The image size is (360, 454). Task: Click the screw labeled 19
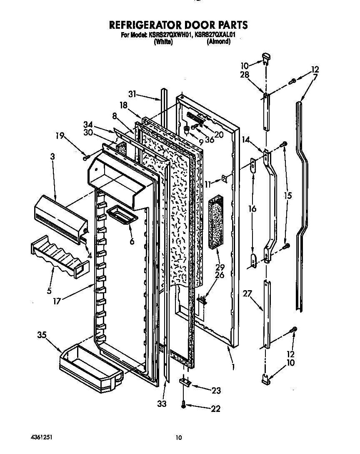pos(86,158)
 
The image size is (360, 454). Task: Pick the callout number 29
pos(220,267)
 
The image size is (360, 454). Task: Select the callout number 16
pos(252,209)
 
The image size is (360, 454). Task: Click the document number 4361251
pos(41,437)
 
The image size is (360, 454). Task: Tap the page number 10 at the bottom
pos(179,437)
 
